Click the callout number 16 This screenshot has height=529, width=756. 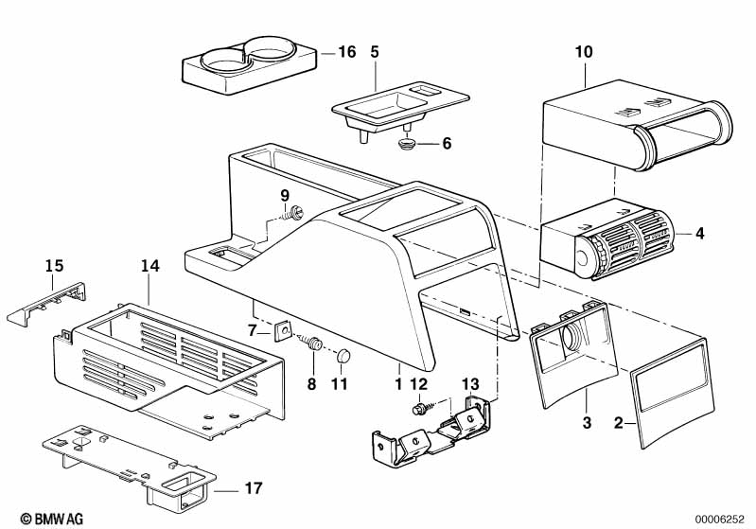tap(346, 52)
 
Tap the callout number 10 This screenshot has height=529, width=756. tap(584, 52)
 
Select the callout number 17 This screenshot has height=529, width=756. tap(254, 488)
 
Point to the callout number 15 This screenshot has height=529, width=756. tap(55, 266)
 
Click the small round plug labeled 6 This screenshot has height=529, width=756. tap(407, 144)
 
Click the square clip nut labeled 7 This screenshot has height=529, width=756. tap(283, 331)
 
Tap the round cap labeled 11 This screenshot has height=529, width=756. tap(343, 356)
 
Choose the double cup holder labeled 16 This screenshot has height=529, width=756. tap(249, 65)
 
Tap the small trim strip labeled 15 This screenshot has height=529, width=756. tap(46, 305)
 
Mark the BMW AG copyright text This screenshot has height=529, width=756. tap(52, 519)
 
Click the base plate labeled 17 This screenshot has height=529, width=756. tap(130, 466)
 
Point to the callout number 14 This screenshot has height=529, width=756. tap(149, 266)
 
